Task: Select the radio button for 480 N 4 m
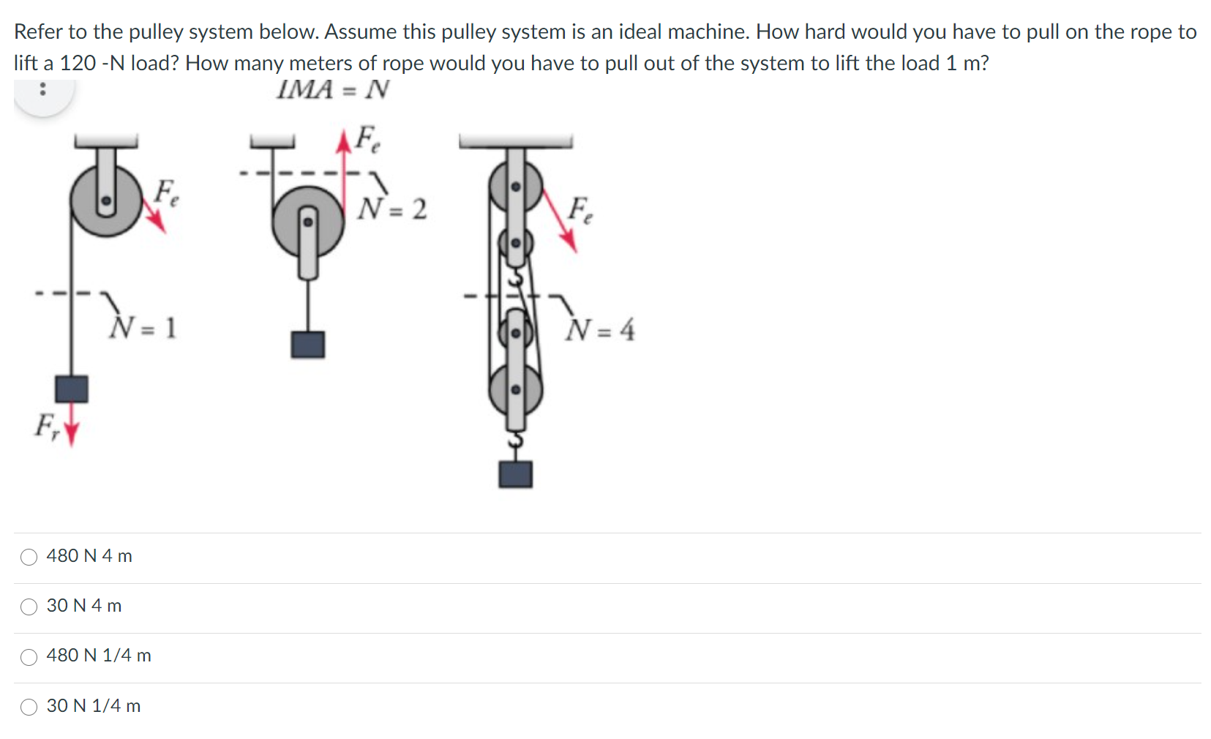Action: click(x=29, y=557)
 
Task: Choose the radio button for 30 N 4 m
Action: click(x=29, y=607)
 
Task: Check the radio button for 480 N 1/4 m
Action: click(x=29, y=657)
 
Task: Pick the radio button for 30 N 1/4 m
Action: click(x=29, y=707)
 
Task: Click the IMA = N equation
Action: click(x=333, y=90)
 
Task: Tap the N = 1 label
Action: click(x=142, y=327)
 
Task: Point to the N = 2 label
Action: click(x=391, y=209)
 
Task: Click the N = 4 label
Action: click(x=599, y=330)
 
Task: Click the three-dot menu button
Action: click(x=43, y=90)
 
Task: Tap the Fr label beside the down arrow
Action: click(x=48, y=426)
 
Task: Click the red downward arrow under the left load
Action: click(x=71, y=432)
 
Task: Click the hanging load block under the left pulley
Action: click(x=72, y=389)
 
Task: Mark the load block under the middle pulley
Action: click(x=308, y=344)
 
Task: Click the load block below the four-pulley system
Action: click(x=515, y=474)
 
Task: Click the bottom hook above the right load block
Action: click(x=516, y=441)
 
